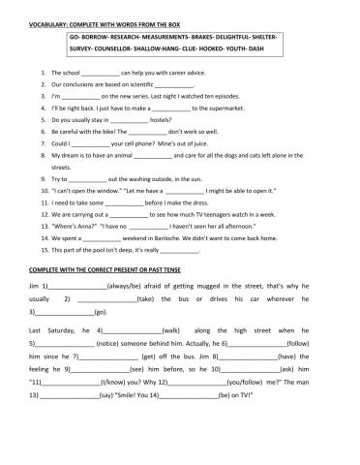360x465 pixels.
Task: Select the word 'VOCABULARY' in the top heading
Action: pyautogui.click(x=38, y=16)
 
